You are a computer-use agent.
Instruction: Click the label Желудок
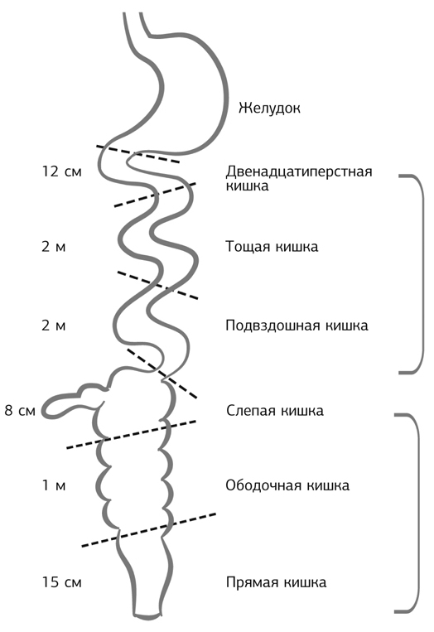coord(269,109)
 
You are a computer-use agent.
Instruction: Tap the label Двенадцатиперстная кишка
coord(299,178)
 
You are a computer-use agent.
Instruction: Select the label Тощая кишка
coord(272,246)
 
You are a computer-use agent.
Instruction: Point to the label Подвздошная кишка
coord(297,326)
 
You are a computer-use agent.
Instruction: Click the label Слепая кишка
coord(275,411)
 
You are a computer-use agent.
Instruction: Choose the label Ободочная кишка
coord(287,485)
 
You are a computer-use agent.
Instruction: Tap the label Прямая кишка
coord(276,582)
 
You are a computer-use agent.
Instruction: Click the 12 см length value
coord(61,171)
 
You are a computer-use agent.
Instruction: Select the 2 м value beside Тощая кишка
coord(54,246)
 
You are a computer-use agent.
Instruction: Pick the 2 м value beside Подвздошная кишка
coord(54,326)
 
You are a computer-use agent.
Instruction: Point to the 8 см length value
coord(20,411)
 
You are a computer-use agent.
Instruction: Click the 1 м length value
coord(54,485)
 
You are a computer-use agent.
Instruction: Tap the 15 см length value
coord(61,582)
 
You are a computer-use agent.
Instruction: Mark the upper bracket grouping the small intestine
coord(422,274)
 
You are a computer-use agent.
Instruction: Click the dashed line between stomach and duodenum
coord(138,154)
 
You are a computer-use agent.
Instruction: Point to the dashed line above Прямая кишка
coord(149,529)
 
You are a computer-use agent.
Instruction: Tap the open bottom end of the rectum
coord(149,616)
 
